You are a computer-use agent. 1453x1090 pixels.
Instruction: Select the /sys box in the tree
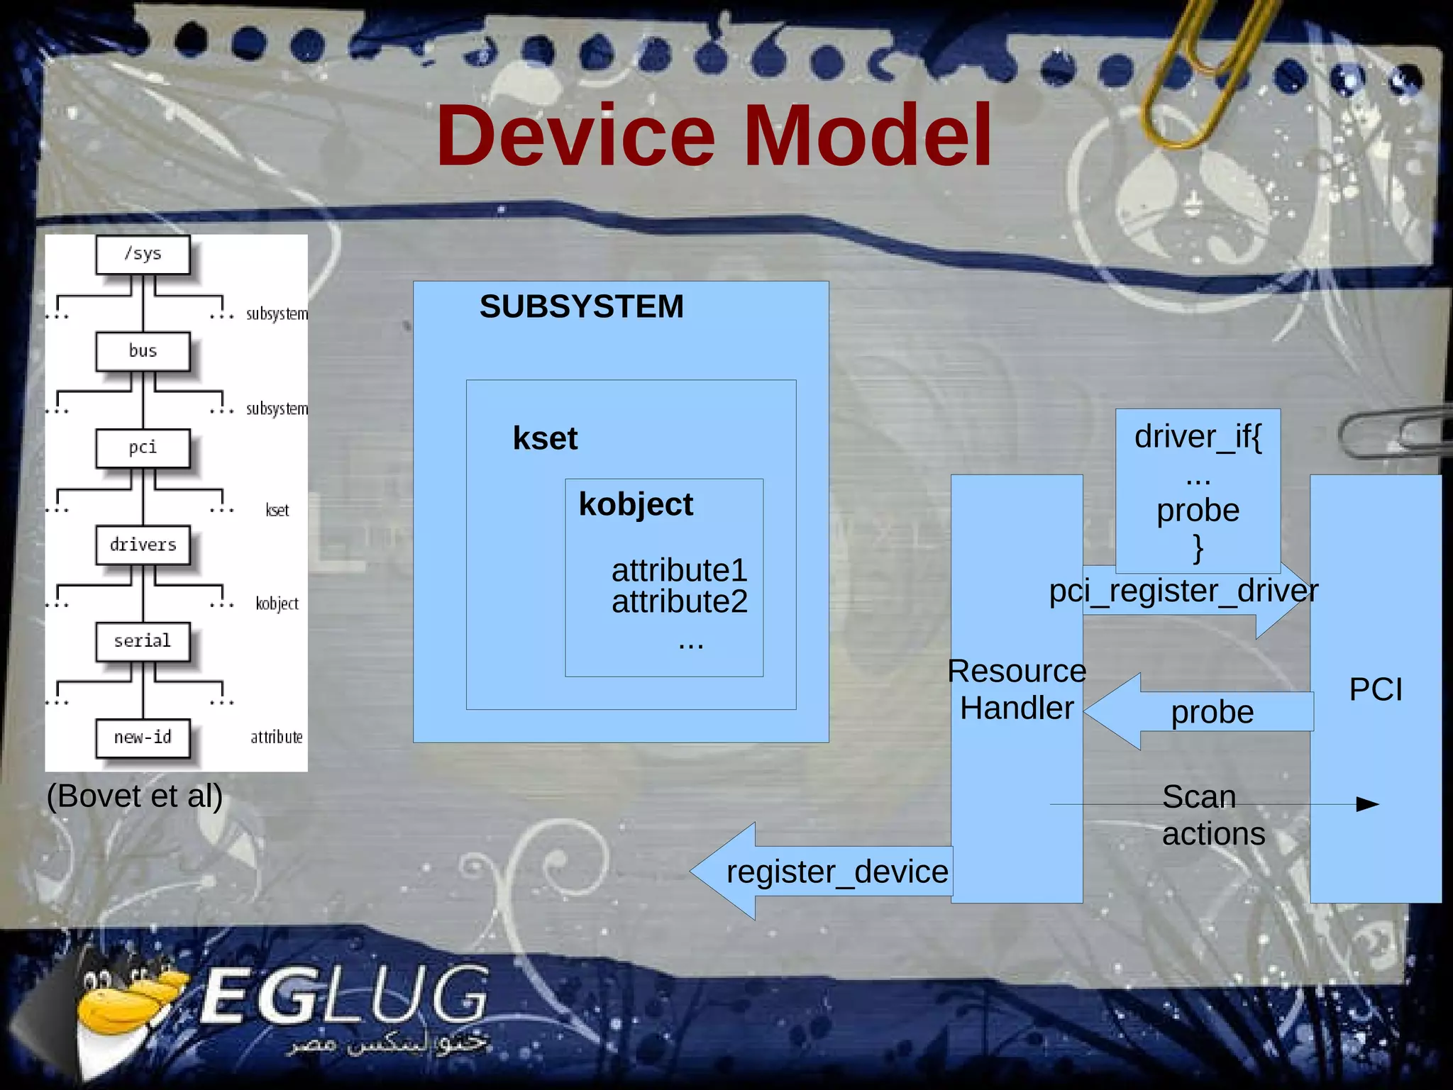click(x=143, y=254)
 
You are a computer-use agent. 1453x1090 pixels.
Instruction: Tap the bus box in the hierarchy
click(x=143, y=351)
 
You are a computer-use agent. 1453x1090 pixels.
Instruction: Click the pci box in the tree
click(x=143, y=447)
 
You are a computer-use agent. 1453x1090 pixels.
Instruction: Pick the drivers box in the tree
click(x=143, y=545)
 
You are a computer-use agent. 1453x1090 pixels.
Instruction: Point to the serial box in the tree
click(x=143, y=641)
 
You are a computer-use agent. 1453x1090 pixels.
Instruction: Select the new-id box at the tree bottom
click(x=143, y=738)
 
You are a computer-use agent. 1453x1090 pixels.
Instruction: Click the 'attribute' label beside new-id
click(x=277, y=738)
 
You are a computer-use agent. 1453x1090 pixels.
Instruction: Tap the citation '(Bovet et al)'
click(x=135, y=796)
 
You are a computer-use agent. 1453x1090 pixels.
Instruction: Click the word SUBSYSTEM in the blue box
click(x=581, y=307)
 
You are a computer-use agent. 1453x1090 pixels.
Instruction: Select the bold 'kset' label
click(x=545, y=438)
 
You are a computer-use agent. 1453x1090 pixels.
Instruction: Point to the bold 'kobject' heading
click(x=636, y=504)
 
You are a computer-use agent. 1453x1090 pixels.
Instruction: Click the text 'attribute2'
click(x=679, y=602)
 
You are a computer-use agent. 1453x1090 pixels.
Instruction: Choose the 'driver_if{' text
click(x=1198, y=437)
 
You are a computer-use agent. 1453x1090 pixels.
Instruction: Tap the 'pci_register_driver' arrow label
click(x=1183, y=591)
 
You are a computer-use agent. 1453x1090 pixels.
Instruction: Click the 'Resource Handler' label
click(x=1017, y=689)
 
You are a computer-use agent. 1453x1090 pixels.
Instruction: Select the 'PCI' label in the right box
click(x=1376, y=689)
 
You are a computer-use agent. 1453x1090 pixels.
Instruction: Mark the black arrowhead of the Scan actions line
click(x=1367, y=804)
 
